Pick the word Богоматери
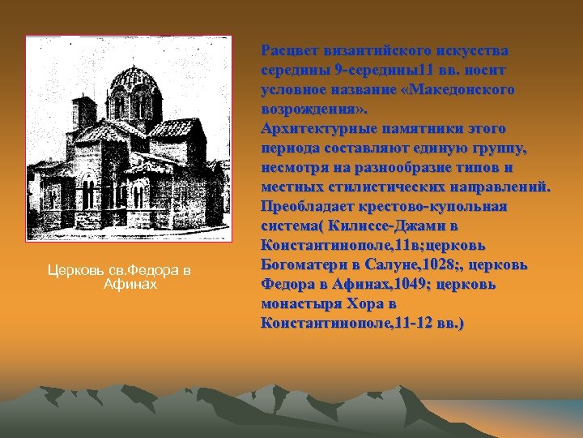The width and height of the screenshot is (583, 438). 303,264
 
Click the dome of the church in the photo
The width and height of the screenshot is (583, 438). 133,82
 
